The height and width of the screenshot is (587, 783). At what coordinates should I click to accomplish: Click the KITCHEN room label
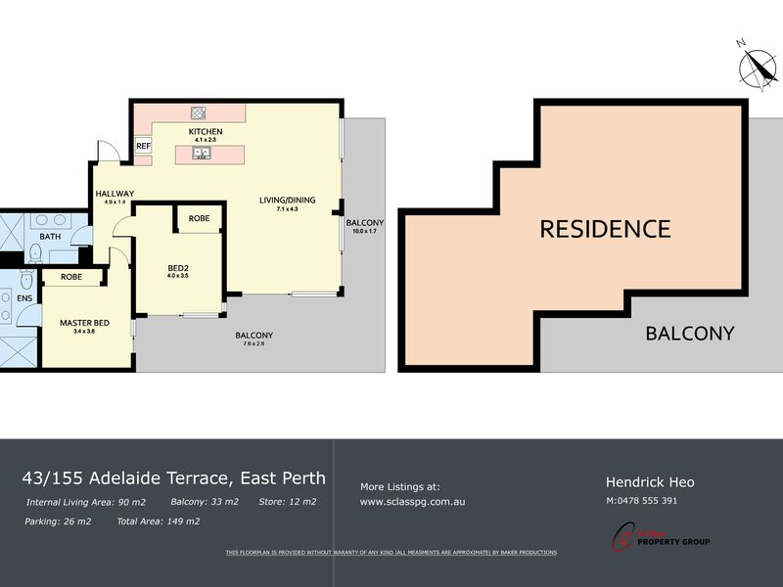(206, 131)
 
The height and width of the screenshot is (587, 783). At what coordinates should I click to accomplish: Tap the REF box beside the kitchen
(143, 146)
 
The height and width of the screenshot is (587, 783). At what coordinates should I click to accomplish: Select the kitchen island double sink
(198, 153)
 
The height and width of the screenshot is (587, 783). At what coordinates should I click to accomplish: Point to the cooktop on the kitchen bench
(198, 113)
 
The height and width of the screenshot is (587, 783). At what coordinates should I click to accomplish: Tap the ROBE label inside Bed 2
(199, 218)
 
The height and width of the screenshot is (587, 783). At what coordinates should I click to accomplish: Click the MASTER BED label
(84, 322)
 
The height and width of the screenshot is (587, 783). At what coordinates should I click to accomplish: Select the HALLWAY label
(115, 193)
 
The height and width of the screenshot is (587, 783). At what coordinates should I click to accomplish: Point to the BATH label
(50, 237)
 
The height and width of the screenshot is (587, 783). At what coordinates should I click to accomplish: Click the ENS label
(23, 297)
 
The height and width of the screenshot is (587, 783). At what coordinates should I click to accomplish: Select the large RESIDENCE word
(605, 229)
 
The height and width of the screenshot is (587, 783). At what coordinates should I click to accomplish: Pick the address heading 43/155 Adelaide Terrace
(173, 478)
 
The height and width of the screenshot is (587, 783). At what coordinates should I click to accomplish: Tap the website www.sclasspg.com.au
(412, 501)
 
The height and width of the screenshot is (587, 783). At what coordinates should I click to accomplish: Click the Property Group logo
(661, 535)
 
